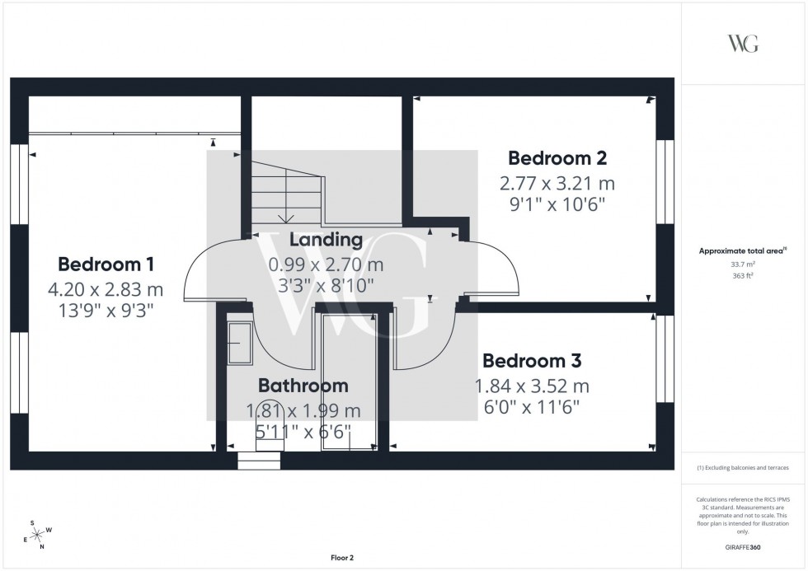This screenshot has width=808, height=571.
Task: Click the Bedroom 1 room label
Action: click(106, 264)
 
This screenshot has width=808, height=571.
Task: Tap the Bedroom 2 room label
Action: click(557, 158)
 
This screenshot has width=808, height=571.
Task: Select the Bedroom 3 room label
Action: click(532, 361)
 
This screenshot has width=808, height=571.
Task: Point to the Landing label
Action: click(326, 240)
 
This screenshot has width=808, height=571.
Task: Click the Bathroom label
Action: click(303, 386)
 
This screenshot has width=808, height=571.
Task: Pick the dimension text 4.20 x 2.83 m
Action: click(106, 289)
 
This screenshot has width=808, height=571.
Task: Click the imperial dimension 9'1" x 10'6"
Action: click(557, 205)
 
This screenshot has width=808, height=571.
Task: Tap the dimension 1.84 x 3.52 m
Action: click(532, 386)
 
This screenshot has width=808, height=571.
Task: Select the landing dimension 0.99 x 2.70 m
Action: click(326, 264)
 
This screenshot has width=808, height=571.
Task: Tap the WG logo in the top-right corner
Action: click(743, 44)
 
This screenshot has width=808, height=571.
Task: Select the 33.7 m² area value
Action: click(742, 264)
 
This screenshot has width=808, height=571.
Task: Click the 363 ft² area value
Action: click(742, 275)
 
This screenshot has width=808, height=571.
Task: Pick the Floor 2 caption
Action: click(341, 558)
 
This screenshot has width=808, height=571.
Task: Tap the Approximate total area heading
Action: click(742, 250)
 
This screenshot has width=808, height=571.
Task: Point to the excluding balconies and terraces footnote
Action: click(743, 467)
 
